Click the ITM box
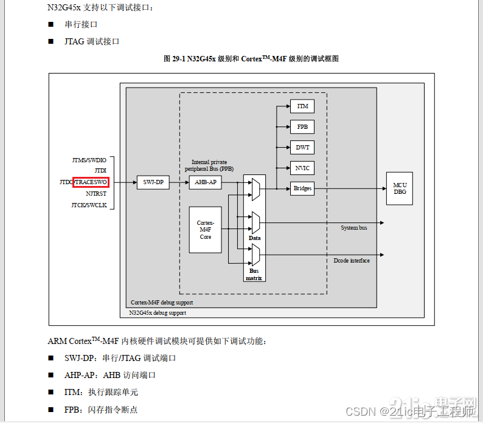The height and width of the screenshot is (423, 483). click(x=302, y=106)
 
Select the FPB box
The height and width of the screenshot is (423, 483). click(x=302, y=127)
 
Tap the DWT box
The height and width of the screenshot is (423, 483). click(x=302, y=148)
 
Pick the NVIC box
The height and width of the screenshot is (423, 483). click(x=302, y=168)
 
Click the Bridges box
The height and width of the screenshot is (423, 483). click(x=302, y=188)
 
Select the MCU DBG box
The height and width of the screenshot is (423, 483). click(x=400, y=188)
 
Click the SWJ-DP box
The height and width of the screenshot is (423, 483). click(x=153, y=182)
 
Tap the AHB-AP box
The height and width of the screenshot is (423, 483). click(x=206, y=182)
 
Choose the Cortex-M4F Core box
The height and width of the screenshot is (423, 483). click(x=206, y=230)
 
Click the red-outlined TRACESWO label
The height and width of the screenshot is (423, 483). click(x=91, y=182)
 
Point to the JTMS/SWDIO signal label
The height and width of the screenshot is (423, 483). click(x=89, y=160)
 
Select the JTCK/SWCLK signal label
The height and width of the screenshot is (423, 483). click(x=89, y=205)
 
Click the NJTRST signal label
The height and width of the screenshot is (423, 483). click(x=96, y=193)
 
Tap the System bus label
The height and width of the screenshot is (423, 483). click(x=353, y=228)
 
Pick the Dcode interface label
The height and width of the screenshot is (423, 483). click(x=351, y=261)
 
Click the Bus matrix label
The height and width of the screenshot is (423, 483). click(x=254, y=274)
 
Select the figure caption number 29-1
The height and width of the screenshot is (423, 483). click(x=177, y=59)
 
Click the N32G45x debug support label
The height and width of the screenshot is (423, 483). click(x=158, y=313)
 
